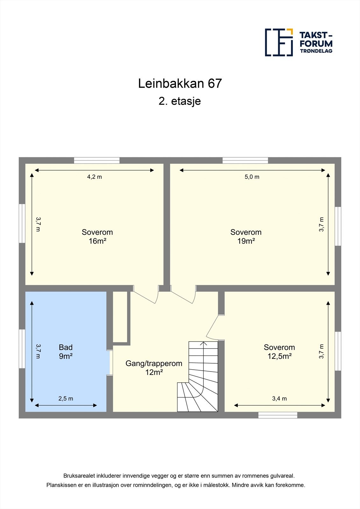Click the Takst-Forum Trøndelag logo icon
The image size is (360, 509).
(279, 42)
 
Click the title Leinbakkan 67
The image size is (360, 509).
(180, 83)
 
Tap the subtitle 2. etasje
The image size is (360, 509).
(180, 101)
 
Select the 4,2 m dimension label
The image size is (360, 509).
(95, 177)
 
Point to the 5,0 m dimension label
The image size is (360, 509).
(252, 177)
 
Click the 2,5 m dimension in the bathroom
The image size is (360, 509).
(66, 398)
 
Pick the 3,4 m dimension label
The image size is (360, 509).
(279, 398)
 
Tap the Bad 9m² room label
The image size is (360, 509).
(66, 352)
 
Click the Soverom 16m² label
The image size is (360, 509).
(97, 236)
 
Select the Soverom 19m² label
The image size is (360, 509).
(246, 236)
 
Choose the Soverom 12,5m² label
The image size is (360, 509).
(279, 352)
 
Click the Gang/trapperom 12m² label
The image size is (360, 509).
(154, 368)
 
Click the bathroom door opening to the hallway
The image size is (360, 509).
(109, 363)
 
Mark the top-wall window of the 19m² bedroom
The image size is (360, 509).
(245, 160)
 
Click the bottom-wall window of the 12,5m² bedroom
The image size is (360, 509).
(278, 415)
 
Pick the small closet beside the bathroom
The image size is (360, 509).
(120, 317)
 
